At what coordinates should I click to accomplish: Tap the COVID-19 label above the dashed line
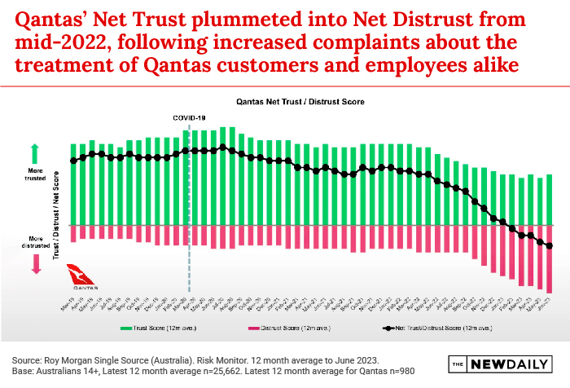coord(189,117)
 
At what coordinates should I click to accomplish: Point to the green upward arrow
coord(35,153)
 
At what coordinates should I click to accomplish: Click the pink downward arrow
coord(35,262)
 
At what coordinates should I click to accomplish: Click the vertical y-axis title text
coord(55,216)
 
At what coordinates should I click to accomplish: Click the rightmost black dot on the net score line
coord(550,246)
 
